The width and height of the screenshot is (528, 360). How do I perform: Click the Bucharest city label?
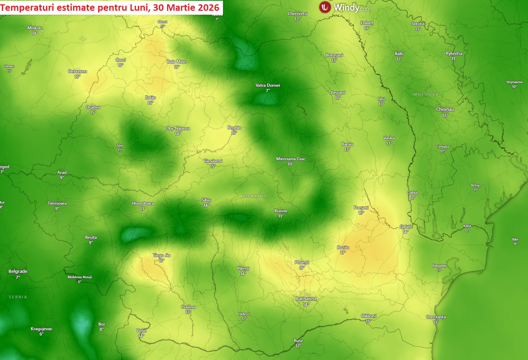point(306,298)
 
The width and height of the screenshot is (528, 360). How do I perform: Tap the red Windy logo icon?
point(325,7)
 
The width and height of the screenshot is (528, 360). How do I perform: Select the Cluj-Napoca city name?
point(177,128)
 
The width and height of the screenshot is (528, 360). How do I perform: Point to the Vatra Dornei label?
point(268,85)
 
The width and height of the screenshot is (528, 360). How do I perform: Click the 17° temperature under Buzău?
point(343,253)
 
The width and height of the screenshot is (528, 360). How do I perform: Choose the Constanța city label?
point(436,317)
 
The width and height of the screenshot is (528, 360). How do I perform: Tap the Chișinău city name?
point(445,109)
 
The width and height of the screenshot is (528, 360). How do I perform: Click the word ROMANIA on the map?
point(255,196)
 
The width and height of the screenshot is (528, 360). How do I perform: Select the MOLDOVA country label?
point(426,94)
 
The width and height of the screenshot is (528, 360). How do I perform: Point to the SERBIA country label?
point(18,297)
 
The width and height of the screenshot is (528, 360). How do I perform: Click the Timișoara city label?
point(57,203)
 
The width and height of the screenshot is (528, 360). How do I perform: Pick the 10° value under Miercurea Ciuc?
point(290,164)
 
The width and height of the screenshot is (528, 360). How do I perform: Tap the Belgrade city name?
point(18,271)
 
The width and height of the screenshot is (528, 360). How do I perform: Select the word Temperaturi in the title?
point(25,8)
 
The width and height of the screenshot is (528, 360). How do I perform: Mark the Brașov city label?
point(281,211)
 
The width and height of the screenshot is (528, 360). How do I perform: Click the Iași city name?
point(381,99)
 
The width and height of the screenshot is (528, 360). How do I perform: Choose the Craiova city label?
point(188,307)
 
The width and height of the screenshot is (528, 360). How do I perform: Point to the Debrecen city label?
point(77,71)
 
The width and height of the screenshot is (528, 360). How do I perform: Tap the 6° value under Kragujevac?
point(41,334)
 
